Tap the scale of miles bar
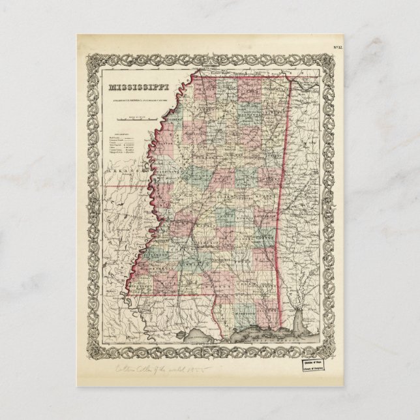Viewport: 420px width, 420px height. point(138,119)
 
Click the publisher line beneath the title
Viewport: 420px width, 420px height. point(137,98)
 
